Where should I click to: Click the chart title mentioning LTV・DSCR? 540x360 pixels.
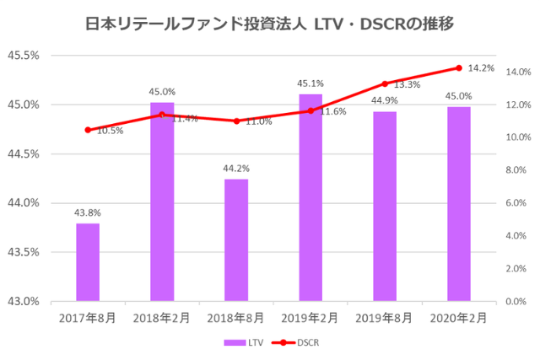click(x=270, y=24)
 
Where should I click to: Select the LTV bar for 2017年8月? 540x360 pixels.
click(x=88, y=261)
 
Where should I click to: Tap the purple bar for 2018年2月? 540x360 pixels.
click(x=162, y=202)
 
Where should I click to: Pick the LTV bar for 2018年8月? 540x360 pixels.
click(x=236, y=240)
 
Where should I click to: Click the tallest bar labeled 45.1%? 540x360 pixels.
click(x=310, y=198)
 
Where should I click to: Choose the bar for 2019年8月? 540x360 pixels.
click(x=385, y=207)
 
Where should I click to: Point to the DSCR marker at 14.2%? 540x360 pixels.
click(x=459, y=68)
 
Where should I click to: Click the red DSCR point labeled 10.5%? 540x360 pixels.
click(x=88, y=130)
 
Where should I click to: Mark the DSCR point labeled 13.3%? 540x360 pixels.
click(x=385, y=83)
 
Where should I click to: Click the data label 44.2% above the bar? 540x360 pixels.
click(x=236, y=169)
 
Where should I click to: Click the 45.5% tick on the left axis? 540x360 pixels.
click(x=23, y=56)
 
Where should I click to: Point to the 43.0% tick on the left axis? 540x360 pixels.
click(x=23, y=301)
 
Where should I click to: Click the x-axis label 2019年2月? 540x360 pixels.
click(x=310, y=318)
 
